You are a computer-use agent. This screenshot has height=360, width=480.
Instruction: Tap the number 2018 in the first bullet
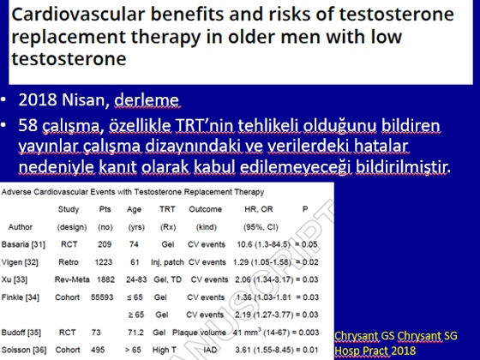(38, 99)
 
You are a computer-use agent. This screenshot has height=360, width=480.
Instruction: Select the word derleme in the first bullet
(147, 99)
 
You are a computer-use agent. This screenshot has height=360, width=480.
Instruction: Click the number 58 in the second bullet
(27, 125)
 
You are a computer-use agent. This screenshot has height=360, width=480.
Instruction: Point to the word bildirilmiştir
(403, 167)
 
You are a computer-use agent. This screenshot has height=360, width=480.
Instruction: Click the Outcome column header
(205, 209)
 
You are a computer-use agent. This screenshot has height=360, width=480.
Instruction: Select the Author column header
(21, 227)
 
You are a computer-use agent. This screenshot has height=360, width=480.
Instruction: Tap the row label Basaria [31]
(23, 244)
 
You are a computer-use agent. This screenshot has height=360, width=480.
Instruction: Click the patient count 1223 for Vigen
(104, 262)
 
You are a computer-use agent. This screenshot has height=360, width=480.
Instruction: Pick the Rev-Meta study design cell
(72, 279)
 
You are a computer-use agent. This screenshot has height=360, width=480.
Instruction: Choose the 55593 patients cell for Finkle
(102, 297)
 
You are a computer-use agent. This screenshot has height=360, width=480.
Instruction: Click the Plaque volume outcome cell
(199, 333)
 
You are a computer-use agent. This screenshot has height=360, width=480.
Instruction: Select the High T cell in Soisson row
(165, 350)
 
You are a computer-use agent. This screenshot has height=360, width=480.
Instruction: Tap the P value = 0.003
(307, 333)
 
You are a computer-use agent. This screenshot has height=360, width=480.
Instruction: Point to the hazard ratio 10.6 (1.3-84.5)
(264, 244)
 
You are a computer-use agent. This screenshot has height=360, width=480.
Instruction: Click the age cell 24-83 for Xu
(136, 279)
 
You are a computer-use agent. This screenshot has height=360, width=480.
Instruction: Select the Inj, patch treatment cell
(167, 262)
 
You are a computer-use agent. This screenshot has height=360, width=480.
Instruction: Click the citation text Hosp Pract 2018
(375, 351)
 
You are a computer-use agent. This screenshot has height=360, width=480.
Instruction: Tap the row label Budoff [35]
(21, 333)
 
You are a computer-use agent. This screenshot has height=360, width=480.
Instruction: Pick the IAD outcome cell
(210, 350)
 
